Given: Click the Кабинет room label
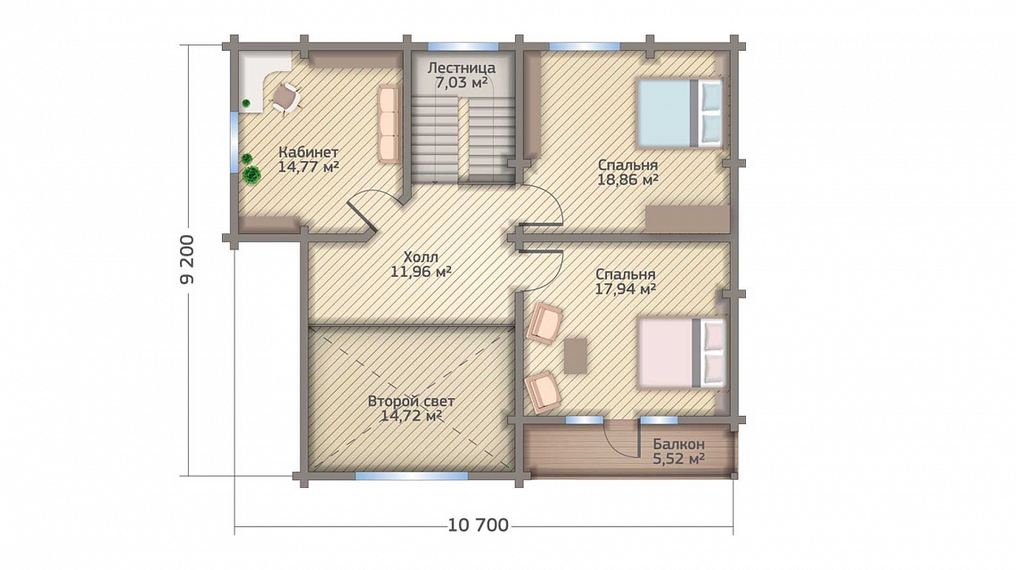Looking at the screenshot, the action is pyautogui.click(x=308, y=152).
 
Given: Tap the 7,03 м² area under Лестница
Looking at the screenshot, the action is pyautogui.click(x=462, y=82).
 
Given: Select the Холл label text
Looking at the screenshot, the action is pyautogui.click(x=421, y=256).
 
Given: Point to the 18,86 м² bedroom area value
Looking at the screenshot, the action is pyautogui.click(x=628, y=179).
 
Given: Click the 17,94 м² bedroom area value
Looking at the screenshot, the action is pyautogui.click(x=626, y=289).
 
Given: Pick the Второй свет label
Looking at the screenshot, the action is pyautogui.click(x=411, y=401).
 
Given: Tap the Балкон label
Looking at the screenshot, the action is pyautogui.click(x=678, y=444).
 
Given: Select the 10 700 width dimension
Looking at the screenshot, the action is pyautogui.click(x=479, y=525).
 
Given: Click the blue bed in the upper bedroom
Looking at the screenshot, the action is pyautogui.click(x=680, y=113).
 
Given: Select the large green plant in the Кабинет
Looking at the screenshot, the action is pyautogui.click(x=250, y=175).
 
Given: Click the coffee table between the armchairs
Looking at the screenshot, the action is pyautogui.click(x=576, y=355).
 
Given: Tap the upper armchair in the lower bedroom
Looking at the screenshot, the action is pyautogui.click(x=545, y=324).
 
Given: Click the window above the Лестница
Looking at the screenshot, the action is pyautogui.click(x=463, y=46).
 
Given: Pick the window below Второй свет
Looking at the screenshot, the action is pyautogui.click(x=412, y=476).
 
